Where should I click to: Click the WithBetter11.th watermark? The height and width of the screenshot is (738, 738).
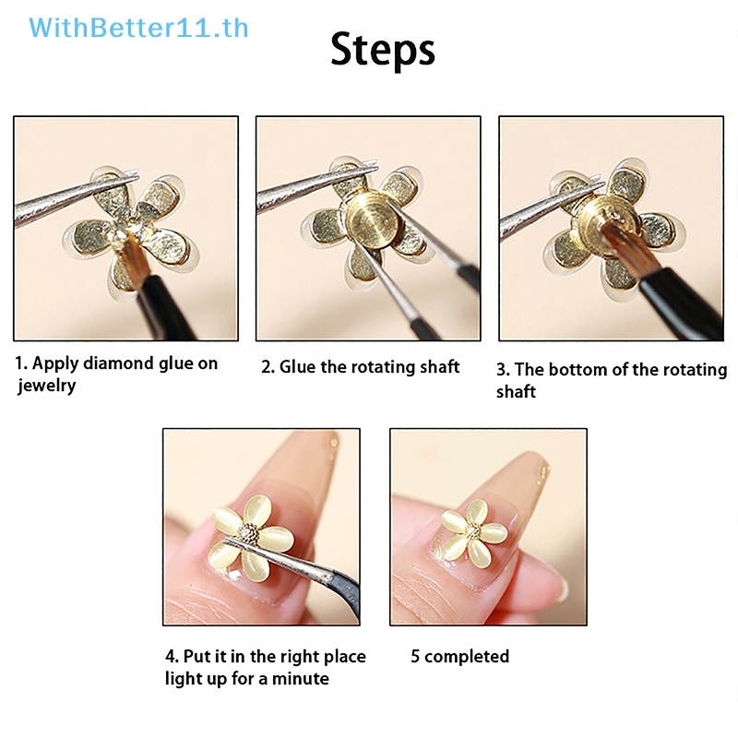(x=138, y=29)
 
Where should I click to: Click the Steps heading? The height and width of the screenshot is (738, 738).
(x=383, y=50)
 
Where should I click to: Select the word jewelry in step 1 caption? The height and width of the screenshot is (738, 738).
(x=47, y=386)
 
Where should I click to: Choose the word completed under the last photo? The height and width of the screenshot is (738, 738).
(x=467, y=657)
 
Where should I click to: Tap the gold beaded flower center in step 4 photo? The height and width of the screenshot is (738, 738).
(x=248, y=534)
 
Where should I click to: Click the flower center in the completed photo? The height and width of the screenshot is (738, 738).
(x=473, y=532)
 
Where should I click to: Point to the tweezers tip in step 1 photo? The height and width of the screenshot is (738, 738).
(x=137, y=174)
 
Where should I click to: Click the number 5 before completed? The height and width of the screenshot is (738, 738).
(x=415, y=656)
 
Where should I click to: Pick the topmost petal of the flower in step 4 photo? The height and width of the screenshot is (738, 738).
(x=256, y=510)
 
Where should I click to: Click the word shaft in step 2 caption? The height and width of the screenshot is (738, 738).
(x=440, y=367)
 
